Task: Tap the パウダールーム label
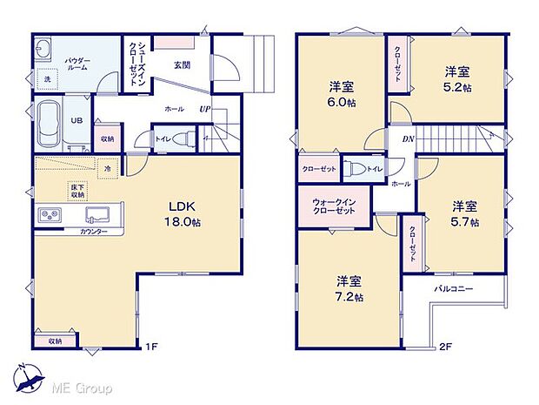click(77, 63)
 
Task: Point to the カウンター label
click(94, 232)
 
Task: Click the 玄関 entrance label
click(182, 65)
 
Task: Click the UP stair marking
click(203, 110)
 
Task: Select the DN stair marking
click(407, 138)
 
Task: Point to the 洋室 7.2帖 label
click(349, 288)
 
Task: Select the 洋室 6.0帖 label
click(341, 94)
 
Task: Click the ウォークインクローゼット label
click(333, 207)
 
